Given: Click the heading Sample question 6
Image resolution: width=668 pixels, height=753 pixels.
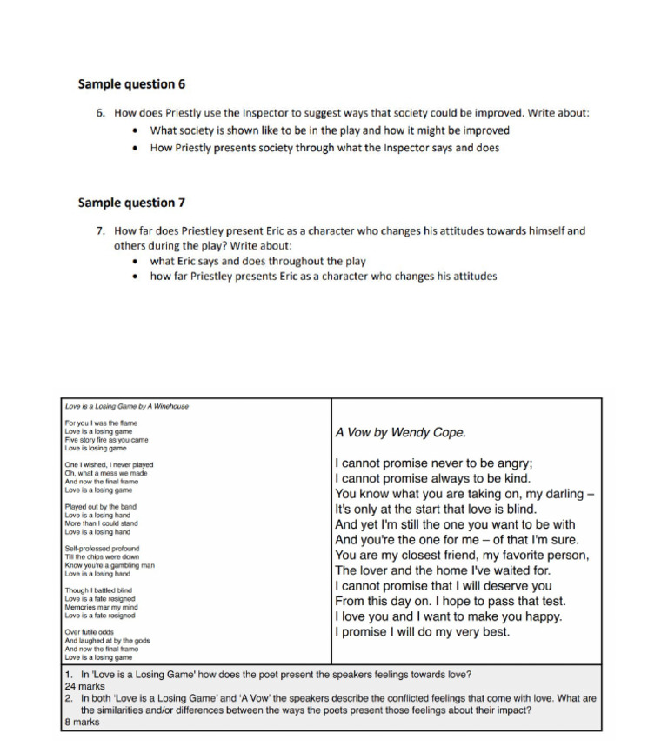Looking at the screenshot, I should pos(131,84).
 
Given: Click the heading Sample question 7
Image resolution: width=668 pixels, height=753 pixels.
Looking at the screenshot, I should pos(131,203).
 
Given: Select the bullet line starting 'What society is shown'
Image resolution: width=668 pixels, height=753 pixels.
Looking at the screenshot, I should pos(330,130).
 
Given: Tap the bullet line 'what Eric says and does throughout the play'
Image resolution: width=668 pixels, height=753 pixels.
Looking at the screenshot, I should pos(257,261).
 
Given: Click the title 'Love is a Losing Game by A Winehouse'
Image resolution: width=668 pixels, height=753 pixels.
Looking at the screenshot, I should pos(126,406).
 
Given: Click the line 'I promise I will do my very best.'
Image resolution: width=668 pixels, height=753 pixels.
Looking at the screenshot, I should pos(422,632).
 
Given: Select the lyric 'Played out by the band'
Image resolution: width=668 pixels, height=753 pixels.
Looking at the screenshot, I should pos(100,507).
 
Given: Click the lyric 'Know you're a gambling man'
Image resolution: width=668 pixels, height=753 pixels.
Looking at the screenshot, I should pos(110,565).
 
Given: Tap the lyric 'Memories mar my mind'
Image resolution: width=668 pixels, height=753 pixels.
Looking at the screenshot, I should pos(100,607).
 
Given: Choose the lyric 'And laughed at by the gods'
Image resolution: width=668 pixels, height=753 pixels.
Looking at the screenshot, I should pos(107,641).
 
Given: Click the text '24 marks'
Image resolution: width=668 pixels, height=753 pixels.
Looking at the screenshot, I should pos(83,686).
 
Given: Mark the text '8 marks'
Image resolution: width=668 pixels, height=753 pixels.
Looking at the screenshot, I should pos(82,722).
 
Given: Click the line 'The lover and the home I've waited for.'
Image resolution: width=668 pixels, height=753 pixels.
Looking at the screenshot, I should pos(443,570).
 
